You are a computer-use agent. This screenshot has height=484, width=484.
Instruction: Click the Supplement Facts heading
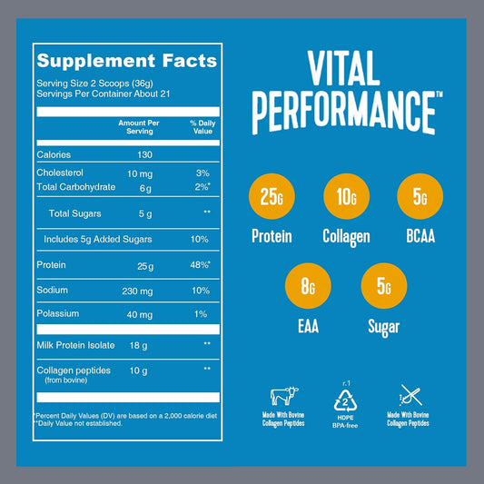tap(126, 62)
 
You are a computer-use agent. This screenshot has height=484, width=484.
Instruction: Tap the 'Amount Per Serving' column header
tap(138, 125)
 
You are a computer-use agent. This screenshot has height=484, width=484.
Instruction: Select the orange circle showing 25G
tap(272, 197)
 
